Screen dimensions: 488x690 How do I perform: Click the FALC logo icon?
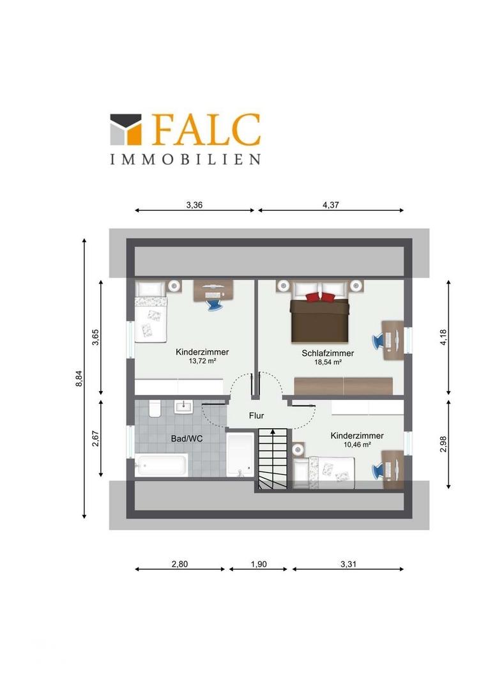click(x=126, y=129)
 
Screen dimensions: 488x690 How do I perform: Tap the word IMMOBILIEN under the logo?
click(x=185, y=159)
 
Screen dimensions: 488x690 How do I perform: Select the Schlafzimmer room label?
click(x=328, y=353)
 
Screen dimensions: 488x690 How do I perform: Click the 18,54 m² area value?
click(x=328, y=362)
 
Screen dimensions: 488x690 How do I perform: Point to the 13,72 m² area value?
click(x=202, y=361)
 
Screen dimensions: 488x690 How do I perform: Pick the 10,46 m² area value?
click(x=357, y=445)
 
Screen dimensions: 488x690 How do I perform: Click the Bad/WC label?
click(x=187, y=439)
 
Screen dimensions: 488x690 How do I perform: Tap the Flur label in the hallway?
click(x=257, y=415)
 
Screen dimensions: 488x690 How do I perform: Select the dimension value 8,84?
click(x=79, y=378)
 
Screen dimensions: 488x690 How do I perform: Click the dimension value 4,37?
click(x=331, y=204)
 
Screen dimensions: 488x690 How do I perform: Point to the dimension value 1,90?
click(x=259, y=564)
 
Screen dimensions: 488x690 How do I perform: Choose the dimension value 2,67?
click(x=95, y=438)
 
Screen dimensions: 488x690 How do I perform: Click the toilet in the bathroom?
click(x=155, y=408)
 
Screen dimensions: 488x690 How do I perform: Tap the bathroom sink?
click(x=183, y=406)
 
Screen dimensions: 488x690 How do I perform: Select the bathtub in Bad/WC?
click(x=161, y=464)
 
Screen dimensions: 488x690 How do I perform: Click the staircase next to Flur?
click(x=272, y=458)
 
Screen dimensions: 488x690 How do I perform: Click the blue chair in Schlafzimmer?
click(x=378, y=341)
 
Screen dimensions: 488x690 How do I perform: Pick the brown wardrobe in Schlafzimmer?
click(x=343, y=386)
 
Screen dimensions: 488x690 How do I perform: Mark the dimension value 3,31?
click(x=348, y=564)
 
